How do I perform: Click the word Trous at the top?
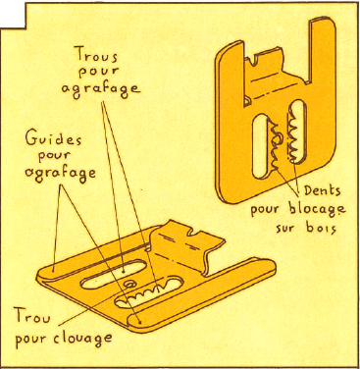click(x=96, y=54)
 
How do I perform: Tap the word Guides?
click(x=54, y=139)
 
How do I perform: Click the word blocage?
click(x=317, y=209)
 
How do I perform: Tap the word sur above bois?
click(x=286, y=229)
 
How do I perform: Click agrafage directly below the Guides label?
click(x=61, y=173)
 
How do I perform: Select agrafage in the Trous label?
click(x=101, y=89)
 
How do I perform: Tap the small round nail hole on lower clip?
click(x=130, y=283)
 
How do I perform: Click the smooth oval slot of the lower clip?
click(x=113, y=274)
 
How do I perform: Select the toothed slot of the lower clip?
click(x=149, y=292)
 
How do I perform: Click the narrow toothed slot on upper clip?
click(x=296, y=132)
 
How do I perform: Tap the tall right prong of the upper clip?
click(x=322, y=52)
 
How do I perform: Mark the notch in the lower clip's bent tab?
click(x=194, y=233)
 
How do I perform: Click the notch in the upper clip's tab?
click(x=254, y=61)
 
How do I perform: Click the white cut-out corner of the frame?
click(x=13, y=14)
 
